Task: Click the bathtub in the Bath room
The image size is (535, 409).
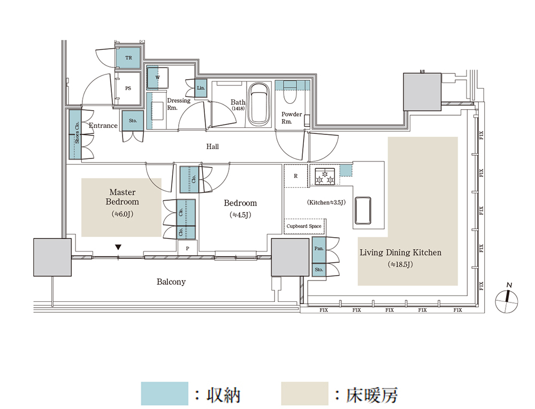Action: [261, 104]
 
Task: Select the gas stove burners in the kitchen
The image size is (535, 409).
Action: [324, 176]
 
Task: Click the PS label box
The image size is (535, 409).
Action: [128, 88]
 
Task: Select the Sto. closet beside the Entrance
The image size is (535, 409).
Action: [133, 120]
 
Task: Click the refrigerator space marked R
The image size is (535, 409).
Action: [296, 176]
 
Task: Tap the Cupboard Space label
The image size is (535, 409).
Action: [304, 226]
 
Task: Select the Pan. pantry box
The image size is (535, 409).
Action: [318, 249]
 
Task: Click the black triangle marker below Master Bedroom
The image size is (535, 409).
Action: [118, 247]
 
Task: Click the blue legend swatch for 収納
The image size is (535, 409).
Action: [164, 393]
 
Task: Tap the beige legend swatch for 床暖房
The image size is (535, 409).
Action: [304, 393]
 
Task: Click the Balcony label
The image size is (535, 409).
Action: [171, 282]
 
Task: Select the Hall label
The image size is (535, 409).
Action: [212, 146]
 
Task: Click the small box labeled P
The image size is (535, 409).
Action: [188, 248]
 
